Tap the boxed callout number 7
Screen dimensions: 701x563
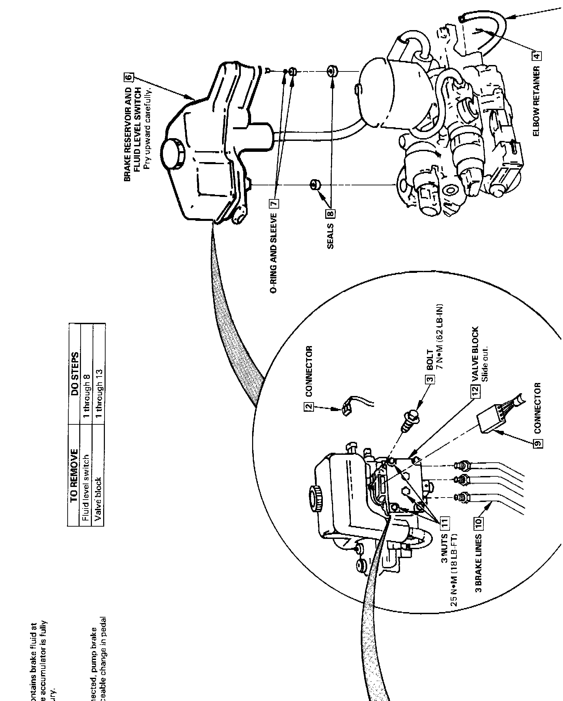(275, 204)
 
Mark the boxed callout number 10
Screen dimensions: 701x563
(478, 522)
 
